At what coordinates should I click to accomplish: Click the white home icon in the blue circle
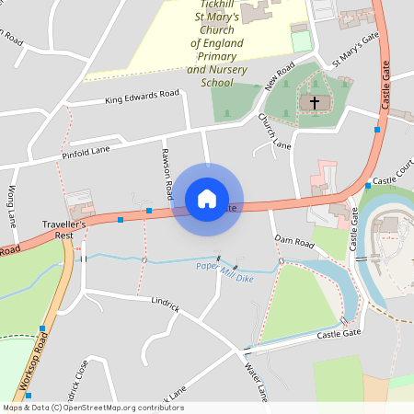(207, 198)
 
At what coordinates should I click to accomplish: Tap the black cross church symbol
(315, 102)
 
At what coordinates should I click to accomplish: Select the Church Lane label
(274, 132)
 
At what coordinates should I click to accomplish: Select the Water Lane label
(255, 383)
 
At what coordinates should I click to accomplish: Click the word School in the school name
(216, 83)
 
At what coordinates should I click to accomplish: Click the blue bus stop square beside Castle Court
(367, 186)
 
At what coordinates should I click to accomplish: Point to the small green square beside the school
(300, 41)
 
